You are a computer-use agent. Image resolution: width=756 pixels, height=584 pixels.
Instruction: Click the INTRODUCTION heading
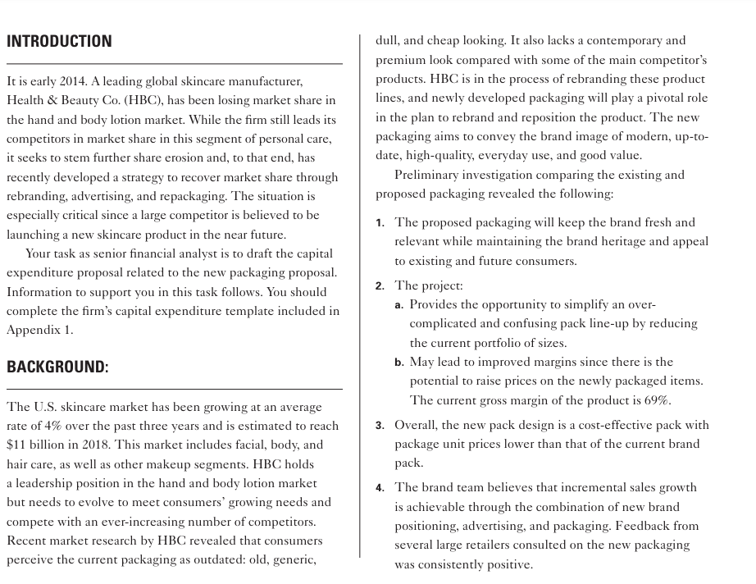[x=59, y=41]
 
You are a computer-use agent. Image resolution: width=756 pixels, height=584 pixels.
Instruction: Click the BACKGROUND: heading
[x=57, y=367]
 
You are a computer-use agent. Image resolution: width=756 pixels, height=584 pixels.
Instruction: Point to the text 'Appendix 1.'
[x=39, y=330]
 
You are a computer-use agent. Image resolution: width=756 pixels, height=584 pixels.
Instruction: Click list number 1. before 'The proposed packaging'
[x=380, y=223]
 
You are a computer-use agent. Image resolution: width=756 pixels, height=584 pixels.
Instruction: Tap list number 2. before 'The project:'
[x=380, y=286]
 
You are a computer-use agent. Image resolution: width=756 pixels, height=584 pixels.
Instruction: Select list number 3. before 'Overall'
[x=380, y=426]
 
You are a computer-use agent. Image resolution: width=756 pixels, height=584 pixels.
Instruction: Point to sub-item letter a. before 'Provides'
[x=399, y=305]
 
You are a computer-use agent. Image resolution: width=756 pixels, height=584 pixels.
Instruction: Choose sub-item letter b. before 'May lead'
[x=399, y=363]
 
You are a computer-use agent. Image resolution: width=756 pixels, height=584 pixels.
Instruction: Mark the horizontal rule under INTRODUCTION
[x=174, y=63]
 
